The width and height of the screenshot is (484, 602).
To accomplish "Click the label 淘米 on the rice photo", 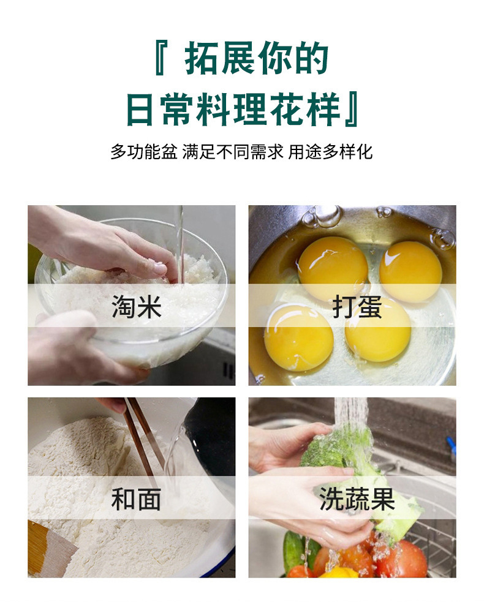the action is click(137, 307).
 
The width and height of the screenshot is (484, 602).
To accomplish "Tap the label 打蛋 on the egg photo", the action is click(357, 307).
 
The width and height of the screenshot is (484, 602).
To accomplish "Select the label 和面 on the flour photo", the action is click(137, 499).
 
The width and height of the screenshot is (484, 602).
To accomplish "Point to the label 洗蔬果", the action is click(357, 499).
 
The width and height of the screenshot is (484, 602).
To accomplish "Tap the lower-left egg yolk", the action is click(298, 337).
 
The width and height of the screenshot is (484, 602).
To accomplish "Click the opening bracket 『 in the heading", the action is click(161, 58).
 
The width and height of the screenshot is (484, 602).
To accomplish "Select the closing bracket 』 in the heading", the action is click(352, 109).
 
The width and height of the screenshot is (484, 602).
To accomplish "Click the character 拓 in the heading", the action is click(202, 58).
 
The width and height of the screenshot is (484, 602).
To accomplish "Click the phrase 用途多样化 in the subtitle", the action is click(330, 152).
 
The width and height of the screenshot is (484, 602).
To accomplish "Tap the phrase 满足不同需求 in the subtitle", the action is click(233, 152).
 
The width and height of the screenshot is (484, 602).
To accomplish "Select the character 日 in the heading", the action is click(142, 109).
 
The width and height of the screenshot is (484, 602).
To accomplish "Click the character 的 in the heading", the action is click(311, 58).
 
